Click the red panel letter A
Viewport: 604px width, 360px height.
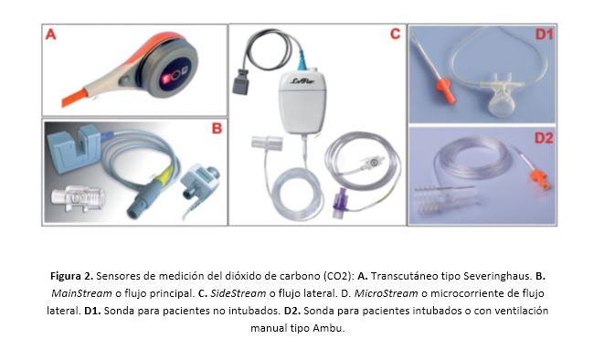click(51, 35)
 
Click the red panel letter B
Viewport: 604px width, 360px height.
click(217, 129)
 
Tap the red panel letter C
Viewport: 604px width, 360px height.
click(396, 34)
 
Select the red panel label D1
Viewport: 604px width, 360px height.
click(545, 35)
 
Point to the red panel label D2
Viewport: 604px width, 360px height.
click(544, 138)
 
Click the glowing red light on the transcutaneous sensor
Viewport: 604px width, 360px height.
click(167, 78)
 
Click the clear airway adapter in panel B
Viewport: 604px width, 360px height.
click(78, 198)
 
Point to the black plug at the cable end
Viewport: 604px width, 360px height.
click(240, 80)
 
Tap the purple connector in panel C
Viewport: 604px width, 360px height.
click(341, 201)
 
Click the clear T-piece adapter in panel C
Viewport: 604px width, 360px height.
click(267, 143)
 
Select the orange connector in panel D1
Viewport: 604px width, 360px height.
click(446, 90)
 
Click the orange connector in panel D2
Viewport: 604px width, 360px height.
click(538, 179)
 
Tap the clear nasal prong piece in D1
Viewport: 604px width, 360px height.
click(502, 94)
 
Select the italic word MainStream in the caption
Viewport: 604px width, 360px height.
click(81, 293)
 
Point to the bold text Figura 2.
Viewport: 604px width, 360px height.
click(71, 276)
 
